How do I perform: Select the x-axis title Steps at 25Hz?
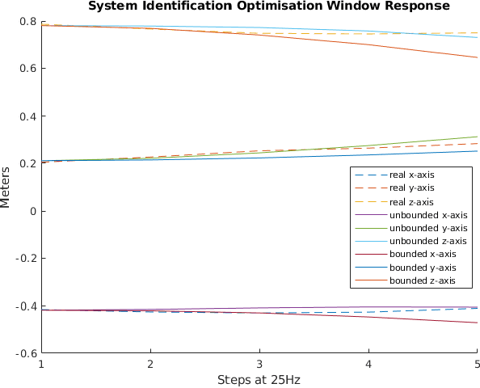click(259, 379)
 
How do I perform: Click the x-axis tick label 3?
click(259, 364)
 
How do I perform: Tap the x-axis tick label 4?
click(368, 364)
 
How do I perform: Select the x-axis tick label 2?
click(150, 364)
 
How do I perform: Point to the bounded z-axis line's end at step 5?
click(477, 57)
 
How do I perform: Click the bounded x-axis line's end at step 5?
click(477, 323)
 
